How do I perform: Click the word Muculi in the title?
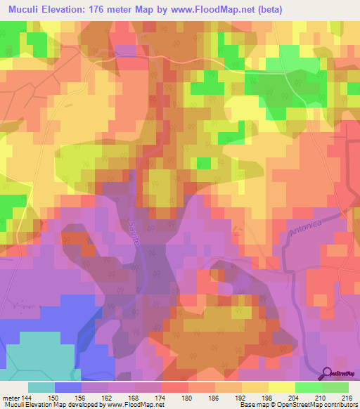26,10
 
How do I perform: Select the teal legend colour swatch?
41,387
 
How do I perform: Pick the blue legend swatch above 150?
68,387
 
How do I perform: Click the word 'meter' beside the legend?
11,397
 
